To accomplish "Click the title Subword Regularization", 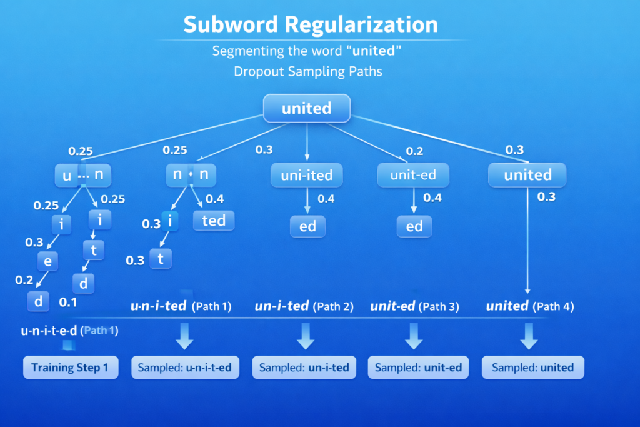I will point(311,24).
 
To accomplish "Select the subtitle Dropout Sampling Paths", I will point(308,71).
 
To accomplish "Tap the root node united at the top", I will point(307,108).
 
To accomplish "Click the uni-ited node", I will point(307,176).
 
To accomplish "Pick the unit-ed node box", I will point(413,175).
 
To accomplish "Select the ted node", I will point(214,221).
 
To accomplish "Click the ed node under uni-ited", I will point(307,226).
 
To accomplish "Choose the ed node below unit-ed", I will point(414,226).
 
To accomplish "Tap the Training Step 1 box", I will point(70,368).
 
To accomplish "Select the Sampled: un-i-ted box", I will point(304,368).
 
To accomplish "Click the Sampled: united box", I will point(532,368).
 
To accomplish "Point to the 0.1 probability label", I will point(67,303).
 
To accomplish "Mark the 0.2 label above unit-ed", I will point(414,151).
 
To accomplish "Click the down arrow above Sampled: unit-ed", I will point(413,336).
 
